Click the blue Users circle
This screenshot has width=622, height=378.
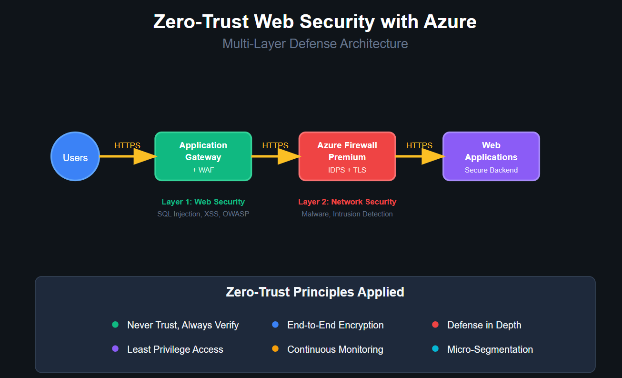pyautogui.click(x=75, y=156)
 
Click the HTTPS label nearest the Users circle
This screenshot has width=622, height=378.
pyautogui.click(x=127, y=145)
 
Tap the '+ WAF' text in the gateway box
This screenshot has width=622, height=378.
pyautogui.click(x=203, y=170)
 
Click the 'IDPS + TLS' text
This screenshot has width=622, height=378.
pyautogui.click(x=347, y=170)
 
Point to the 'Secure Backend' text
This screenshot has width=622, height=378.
pyautogui.click(x=491, y=170)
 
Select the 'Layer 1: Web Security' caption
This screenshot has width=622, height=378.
pyautogui.click(x=203, y=202)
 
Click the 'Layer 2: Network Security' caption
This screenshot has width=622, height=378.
pyautogui.click(x=347, y=202)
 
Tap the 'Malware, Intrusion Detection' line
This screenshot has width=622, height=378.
pyautogui.click(x=347, y=214)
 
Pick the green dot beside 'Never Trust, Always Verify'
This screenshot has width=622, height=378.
pyautogui.click(x=115, y=325)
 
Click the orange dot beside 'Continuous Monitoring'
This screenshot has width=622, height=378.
pyautogui.click(x=275, y=349)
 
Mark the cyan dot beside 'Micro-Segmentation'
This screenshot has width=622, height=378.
pyautogui.click(x=435, y=349)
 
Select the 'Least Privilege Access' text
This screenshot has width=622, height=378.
pyautogui.click(x=175, y=349)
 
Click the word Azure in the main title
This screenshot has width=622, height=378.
pyautogui.click(x=448, y=22)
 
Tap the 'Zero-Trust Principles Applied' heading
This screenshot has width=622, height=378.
pyautogui.click(x=315, y=292)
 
